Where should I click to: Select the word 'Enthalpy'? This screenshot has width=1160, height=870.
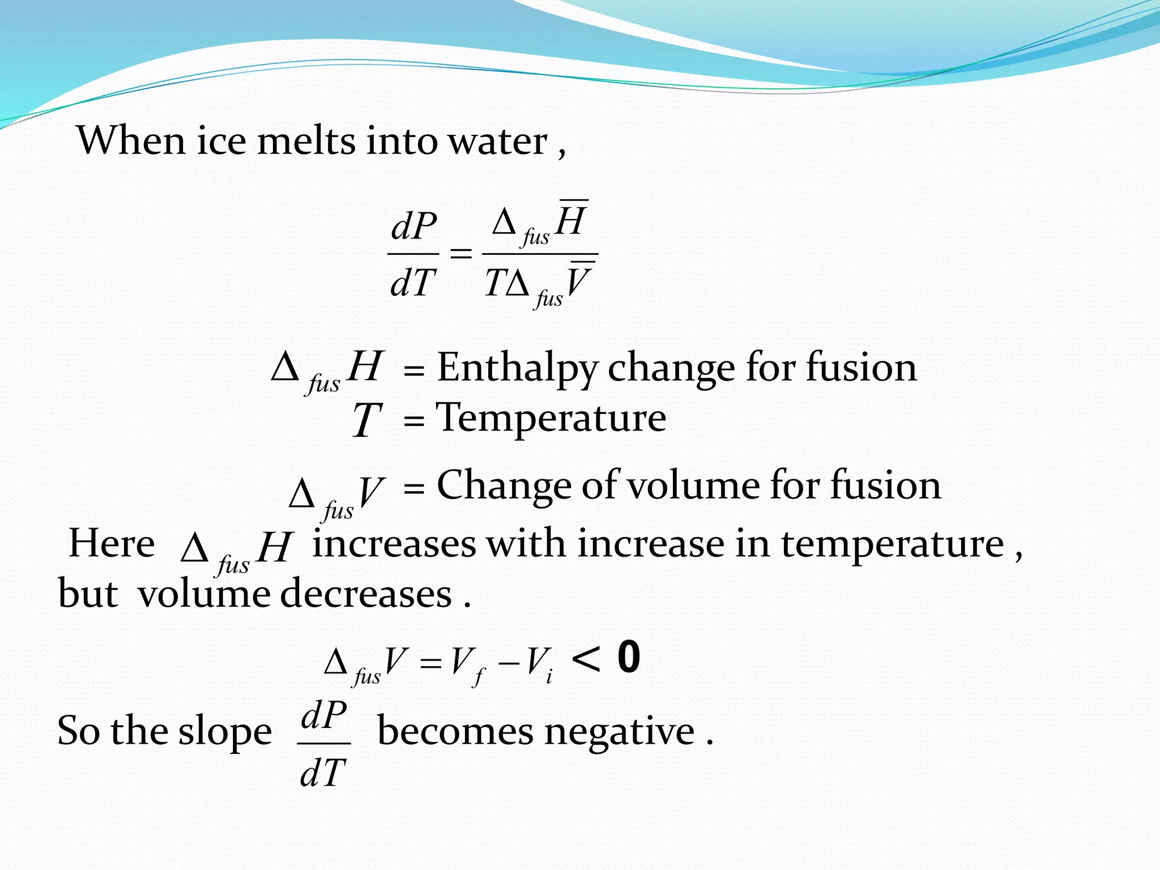[517, 368]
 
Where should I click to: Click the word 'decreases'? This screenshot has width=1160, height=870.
[366, 594]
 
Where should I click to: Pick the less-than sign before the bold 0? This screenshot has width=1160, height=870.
[586, 660]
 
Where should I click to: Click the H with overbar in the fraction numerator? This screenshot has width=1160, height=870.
[570, 220]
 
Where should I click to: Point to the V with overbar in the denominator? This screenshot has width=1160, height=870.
[579, 282]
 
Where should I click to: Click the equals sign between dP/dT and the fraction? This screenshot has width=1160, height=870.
[460, 253]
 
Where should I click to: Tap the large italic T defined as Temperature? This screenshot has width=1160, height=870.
[366, 420]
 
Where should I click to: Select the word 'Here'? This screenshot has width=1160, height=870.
[112, 544]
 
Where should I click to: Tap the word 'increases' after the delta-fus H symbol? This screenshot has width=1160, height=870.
[394, 544]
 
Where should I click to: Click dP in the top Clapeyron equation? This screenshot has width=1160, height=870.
[414, 227]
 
